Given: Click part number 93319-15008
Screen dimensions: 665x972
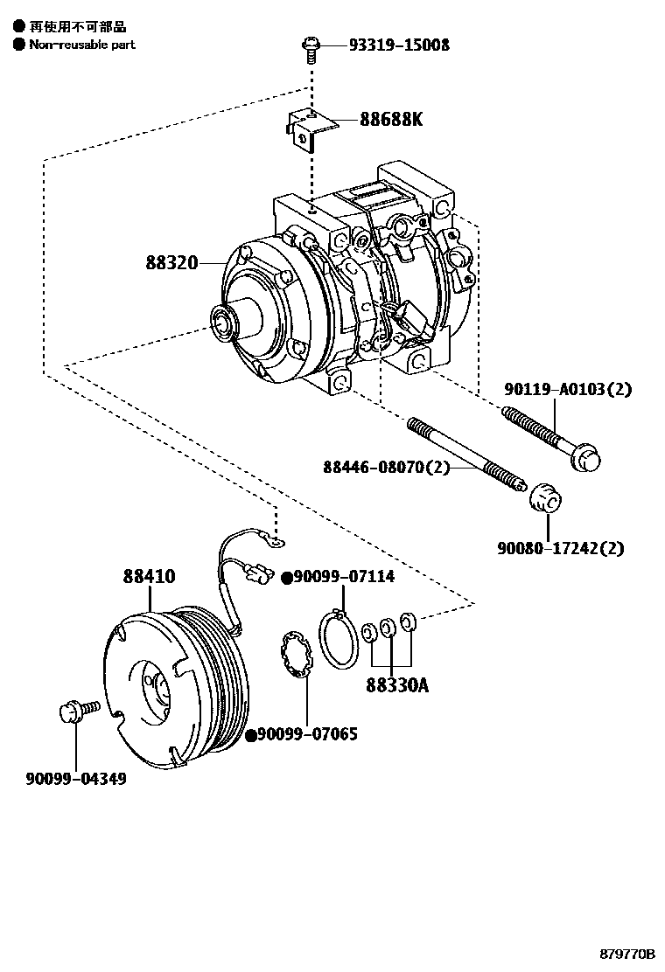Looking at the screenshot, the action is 399,45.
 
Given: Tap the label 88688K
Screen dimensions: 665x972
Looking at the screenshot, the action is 391,118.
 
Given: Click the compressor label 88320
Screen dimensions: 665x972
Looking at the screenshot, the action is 171,263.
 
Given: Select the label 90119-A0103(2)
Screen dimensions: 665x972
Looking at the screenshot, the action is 568,389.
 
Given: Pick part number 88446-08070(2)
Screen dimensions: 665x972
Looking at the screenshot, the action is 386,467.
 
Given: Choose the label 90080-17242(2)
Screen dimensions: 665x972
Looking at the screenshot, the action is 560,548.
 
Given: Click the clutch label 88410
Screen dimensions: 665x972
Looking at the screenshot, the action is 149,577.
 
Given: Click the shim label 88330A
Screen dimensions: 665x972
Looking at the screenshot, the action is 397,685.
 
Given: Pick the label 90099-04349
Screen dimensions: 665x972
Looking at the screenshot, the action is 75,779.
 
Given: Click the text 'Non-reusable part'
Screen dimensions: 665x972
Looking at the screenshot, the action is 82,45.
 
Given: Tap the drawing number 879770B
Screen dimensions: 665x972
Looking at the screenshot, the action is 627,954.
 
